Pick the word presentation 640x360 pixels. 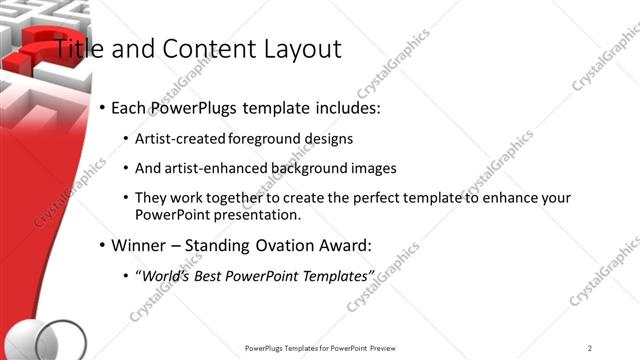point(257,214)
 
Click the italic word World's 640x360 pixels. point(164,275)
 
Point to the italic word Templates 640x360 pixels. point(333,275)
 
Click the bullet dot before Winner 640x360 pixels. point(103,245)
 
